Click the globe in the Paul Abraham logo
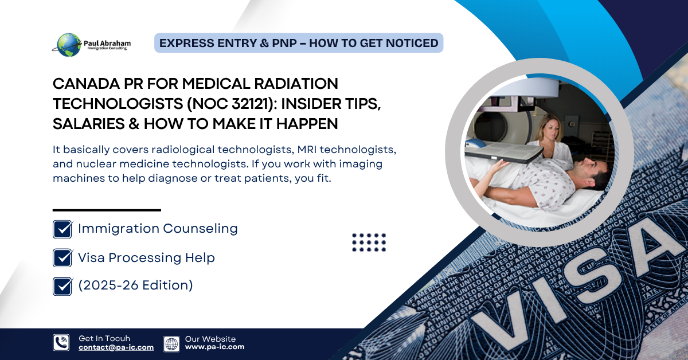pos(69,45)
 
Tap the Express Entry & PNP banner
pos(299,43)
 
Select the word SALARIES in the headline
pos(88,124)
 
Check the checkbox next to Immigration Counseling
pos(62,229)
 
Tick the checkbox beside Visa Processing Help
pos(62,258)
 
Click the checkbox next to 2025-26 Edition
pos(62,286)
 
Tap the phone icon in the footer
pos(61,342)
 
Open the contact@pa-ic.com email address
pos(116,347)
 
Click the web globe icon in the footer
pos(171,344)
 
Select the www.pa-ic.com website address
pos(214,347)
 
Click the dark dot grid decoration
pos(369,242)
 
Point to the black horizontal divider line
pos(107,210)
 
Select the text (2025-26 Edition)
pos(135,285)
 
